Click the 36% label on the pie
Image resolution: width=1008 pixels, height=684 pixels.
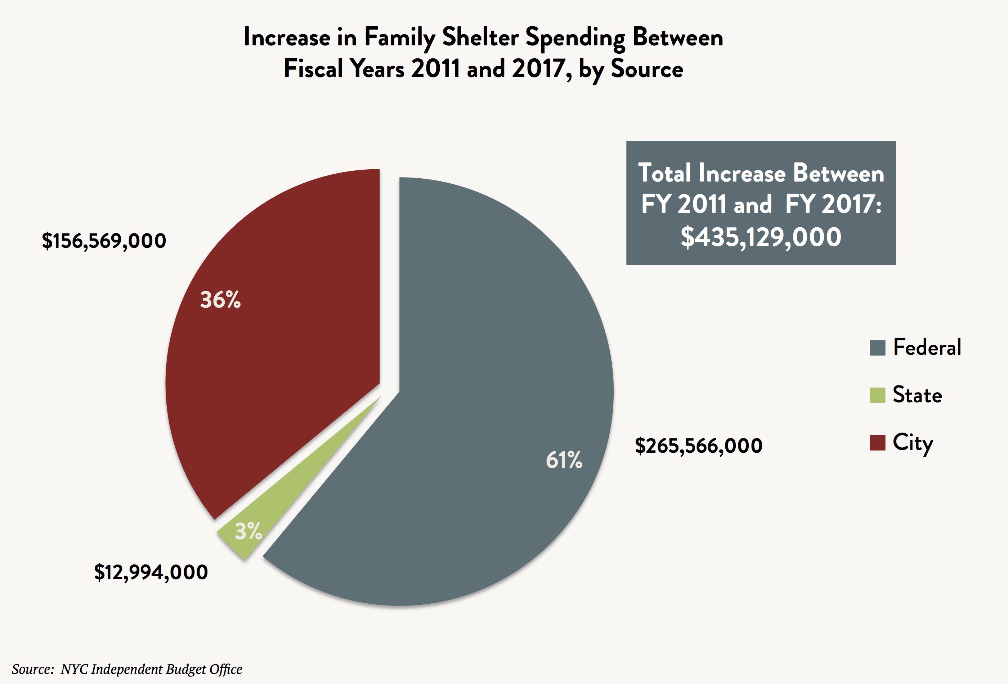[x=220, y=300]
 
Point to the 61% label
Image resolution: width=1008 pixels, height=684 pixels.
[x=564, y=460]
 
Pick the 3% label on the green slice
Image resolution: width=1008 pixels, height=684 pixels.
[x=248, y=531]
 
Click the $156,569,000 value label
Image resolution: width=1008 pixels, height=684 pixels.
[x=104, y=241]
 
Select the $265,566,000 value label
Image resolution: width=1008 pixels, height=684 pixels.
[x=698, y=446]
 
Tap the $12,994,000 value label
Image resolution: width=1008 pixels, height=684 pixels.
[x=151, y=572]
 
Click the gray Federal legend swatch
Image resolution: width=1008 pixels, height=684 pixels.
[x=877, y=348]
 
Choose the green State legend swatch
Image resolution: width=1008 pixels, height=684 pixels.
[x=877, y=395]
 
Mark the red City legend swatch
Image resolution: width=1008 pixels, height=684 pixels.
[x=877, y=443]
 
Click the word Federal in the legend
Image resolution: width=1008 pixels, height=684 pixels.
[x=927, y=347]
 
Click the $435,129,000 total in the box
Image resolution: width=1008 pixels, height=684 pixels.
[x=761, y=237]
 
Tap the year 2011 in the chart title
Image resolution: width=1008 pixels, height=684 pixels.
[x=435, y=69]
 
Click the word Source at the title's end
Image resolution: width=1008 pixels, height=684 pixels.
[x=647, y=69]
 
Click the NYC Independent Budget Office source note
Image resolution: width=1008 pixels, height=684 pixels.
[x=151, y=669]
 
